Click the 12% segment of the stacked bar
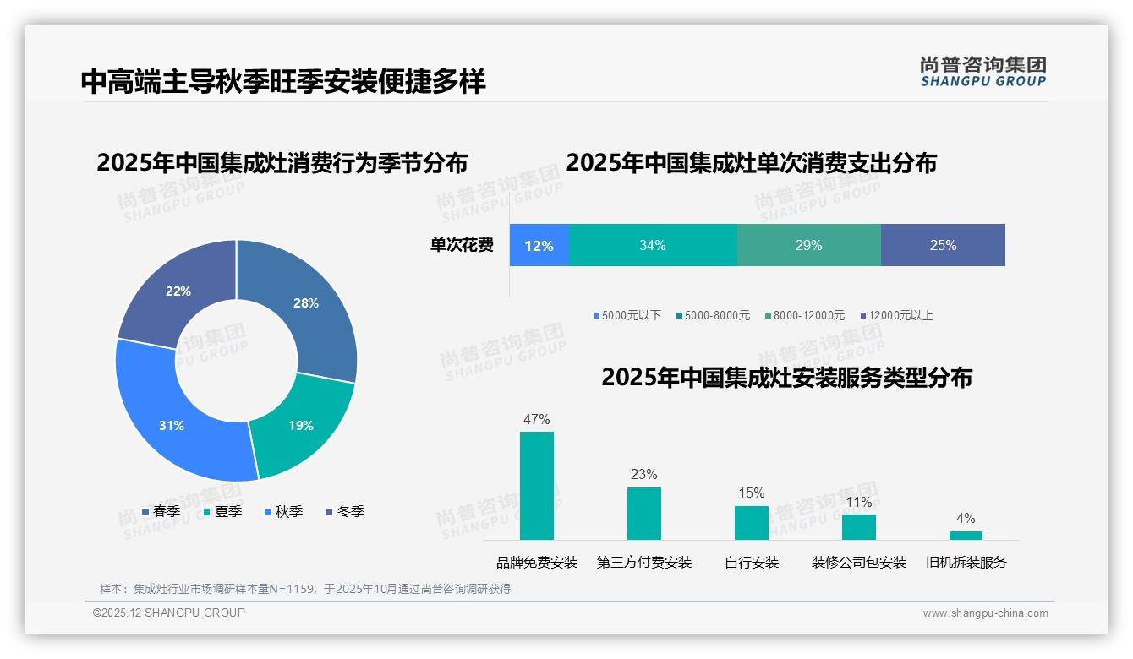(539, 245)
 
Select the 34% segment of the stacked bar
(653, 245)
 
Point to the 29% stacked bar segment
(809, 245)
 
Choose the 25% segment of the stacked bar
(943, 245)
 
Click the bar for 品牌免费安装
(537, 486)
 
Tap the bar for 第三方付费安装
(644, 514)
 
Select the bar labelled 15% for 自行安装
(752, 523)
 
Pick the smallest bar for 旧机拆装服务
(966, 536)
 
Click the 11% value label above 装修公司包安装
(859, 502)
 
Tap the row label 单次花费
(462, 245)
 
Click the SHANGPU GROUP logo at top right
(983, 72)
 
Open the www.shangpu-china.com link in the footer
(985, 613)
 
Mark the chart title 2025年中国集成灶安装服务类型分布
(786, 377)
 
